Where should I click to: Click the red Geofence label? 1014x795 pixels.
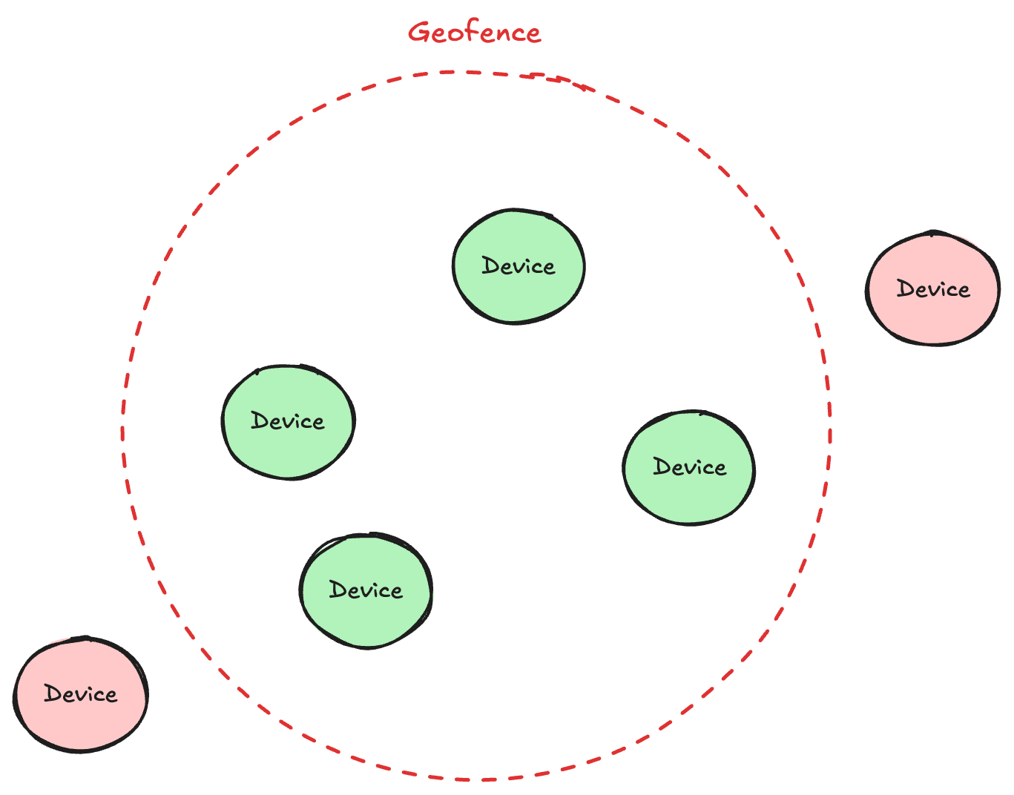pos(474,33)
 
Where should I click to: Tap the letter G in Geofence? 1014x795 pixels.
pos(419,32)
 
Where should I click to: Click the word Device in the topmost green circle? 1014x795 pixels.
pos(518,265)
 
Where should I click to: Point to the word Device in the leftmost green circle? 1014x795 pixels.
pos(288,421)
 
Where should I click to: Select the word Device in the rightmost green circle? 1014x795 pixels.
pos(689,466)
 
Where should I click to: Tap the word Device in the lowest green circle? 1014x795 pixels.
pos(366,590)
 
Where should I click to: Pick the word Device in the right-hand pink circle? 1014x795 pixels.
pos(933,288)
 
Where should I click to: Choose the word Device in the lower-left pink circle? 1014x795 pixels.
pos(80,693)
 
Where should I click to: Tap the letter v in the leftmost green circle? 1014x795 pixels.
pos(289,423)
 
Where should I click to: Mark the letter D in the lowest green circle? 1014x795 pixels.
pos(338,590)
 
